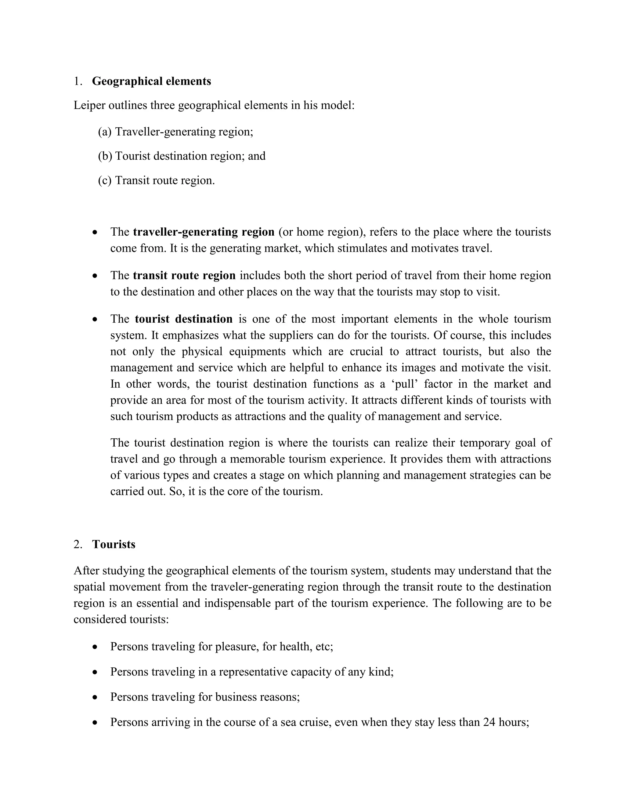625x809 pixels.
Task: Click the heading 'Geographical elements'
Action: pos(151,81)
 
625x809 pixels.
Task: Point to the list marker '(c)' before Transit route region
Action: pos(105,180)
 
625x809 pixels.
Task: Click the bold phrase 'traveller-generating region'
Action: pos(204,232)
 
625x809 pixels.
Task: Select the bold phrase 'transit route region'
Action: pos(184,276)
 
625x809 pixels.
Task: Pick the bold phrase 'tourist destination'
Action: pos(184,319)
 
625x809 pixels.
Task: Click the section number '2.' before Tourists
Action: pos(78,544)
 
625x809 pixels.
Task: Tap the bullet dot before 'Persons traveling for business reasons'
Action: pos(95,697)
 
